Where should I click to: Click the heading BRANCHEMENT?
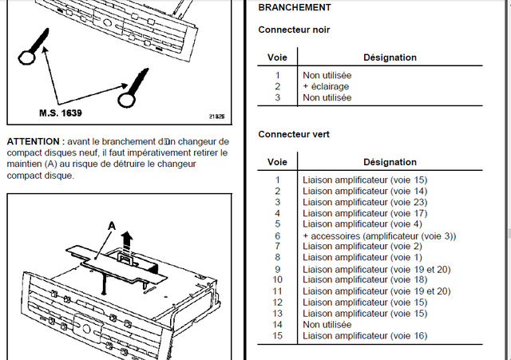coord(294,7)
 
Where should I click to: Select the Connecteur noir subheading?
coord(294,30)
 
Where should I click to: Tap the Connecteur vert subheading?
coord(293,135)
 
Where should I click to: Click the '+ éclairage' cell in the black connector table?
coord(326,86)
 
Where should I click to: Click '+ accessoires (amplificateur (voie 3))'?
coord(379,236)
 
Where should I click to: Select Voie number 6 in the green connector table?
coord(278,236)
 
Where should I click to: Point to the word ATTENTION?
coord(32,141)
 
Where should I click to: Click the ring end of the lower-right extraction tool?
coord(128,100)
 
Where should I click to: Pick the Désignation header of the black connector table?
coord(390,57)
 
